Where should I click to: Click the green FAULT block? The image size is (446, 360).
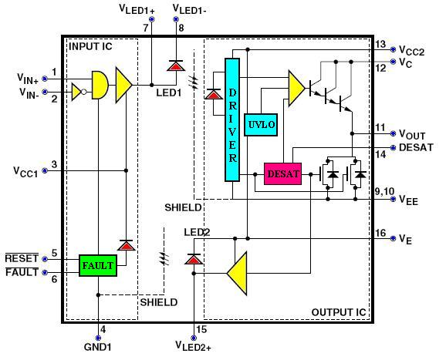coord(98,266)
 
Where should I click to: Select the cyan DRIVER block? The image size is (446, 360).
coord(232,119)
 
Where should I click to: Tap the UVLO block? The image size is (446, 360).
coord(261,125)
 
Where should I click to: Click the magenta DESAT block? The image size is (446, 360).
coord(282,174)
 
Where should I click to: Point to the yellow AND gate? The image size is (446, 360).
coord(100,85)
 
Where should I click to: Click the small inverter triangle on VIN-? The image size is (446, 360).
coord(77,92)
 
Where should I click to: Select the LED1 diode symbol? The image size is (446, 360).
coord(176,66)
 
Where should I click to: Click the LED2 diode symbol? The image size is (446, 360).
coord(194,259)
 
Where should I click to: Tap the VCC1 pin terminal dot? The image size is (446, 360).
coord(45,170)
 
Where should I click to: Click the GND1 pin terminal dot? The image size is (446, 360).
coord(98,338)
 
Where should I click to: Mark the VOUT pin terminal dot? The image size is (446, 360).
coord(393,133)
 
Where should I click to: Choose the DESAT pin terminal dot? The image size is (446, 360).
coord(393,148)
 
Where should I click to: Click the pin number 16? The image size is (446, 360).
coord(380,233)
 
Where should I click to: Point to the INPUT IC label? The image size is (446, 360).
coord(90,46)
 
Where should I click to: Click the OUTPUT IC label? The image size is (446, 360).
coord(339,312)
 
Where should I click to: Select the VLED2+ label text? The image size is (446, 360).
coord(193,346)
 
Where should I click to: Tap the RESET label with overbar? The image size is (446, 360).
coord(22,258)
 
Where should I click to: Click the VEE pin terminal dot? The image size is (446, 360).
coord(393,199)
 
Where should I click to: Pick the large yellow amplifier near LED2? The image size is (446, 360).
coord(237,274)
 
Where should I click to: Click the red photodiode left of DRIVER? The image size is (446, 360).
coord(214,94)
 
